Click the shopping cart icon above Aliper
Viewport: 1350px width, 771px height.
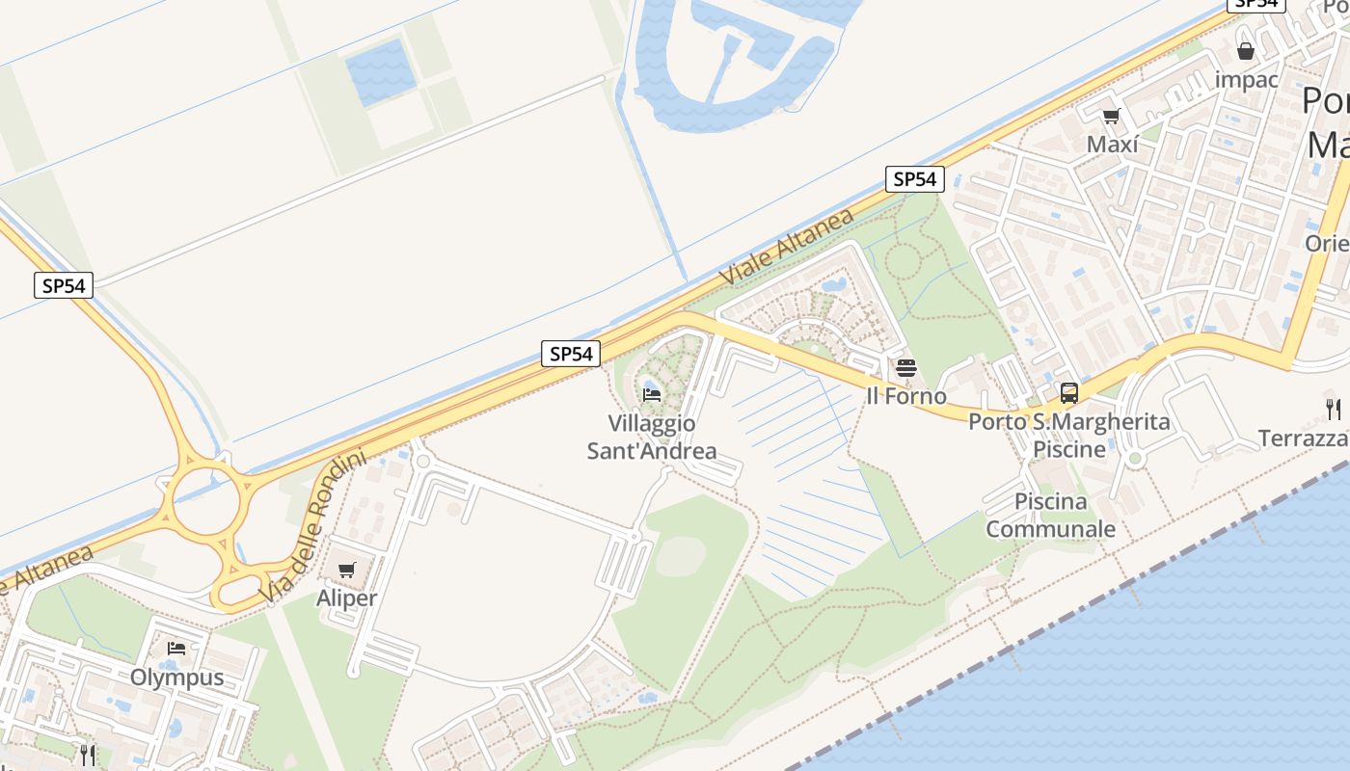(x=347, y=570)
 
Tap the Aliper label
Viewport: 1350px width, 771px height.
(x=347, y=598)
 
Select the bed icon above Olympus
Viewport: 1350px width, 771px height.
(x=175, y=649)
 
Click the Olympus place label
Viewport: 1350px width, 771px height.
(x=177, y=677)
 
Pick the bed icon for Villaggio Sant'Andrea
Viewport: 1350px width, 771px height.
(x=652, y=393)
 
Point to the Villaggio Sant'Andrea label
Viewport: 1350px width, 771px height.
(x=652, y=437)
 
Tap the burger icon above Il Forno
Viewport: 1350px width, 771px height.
(x=905, y=367)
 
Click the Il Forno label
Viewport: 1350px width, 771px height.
(x=906, y=396)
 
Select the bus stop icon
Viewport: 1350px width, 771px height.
(x=1068, y=392)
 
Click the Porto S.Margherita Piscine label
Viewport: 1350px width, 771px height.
(x=1069, y=435)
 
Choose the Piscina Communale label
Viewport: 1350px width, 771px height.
(x=1050, y=515)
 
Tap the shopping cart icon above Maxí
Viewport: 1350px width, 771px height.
(x=1111, y=117)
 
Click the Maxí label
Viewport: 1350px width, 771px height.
(x=1112, y=145)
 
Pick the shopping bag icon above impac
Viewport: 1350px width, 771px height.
(x=1246, y=51)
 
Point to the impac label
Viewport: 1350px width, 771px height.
(x=1246, y=80)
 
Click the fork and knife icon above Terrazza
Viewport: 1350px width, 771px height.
(x=1333, y=409)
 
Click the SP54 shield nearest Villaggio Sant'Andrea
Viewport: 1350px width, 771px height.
(x=570, y=354)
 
